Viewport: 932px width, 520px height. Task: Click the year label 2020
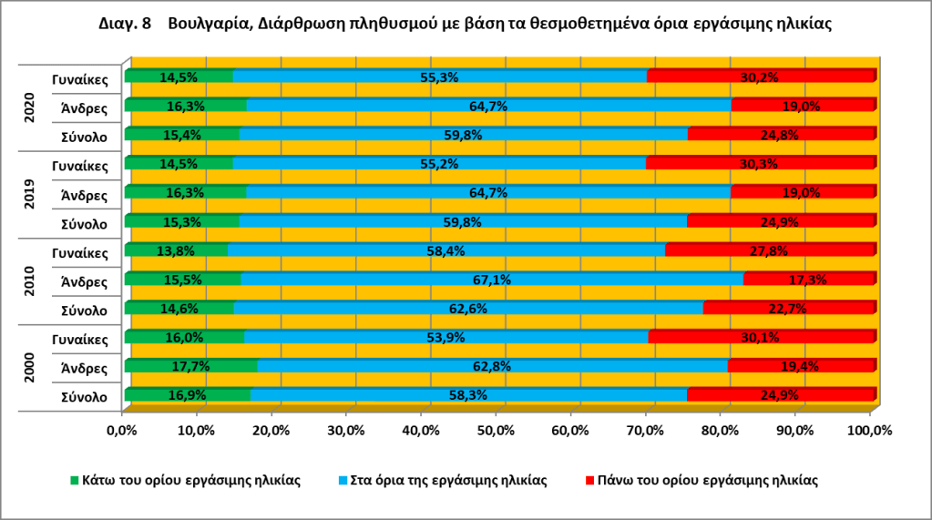(29, 108)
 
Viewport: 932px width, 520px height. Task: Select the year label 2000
(29, 368)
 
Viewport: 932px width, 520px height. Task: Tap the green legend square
(76, 480)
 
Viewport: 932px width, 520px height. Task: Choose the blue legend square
(343, 480)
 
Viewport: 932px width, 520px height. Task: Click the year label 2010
(29, 281)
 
